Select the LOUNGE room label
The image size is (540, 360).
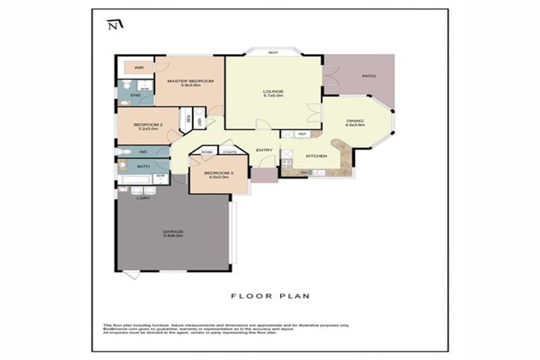point(273,93)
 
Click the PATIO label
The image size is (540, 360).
point(368,76)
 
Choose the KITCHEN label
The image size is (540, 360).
point(314,156)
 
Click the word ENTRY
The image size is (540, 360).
point(264,150)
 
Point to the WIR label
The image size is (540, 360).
point(139,67)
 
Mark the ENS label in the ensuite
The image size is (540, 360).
point(134,95)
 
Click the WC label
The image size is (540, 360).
point(142,152)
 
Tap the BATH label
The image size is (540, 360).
point(143,167)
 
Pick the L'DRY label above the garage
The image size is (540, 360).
point(143,198)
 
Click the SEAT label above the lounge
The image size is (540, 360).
point(272,53)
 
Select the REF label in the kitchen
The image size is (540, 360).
point(302,134)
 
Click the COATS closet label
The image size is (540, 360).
point(229,151)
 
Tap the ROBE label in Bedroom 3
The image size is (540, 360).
point(207,151)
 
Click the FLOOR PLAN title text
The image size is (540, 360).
point(270,296)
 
